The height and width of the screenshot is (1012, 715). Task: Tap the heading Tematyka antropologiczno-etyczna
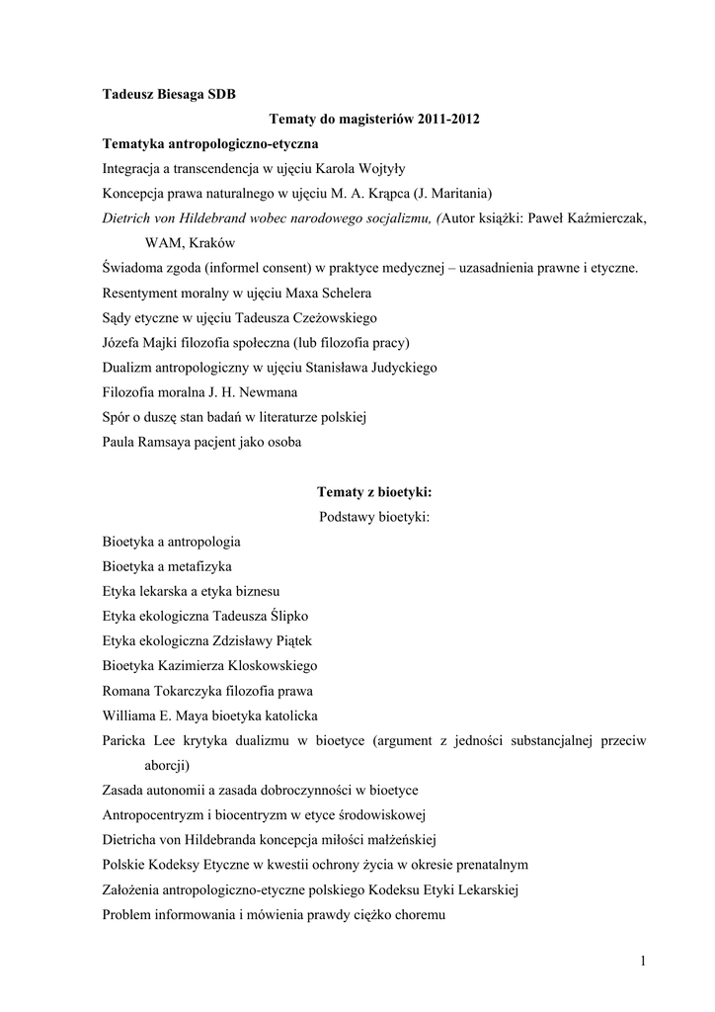(210, 144)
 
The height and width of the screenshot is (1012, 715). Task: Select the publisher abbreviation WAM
(163, 243)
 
